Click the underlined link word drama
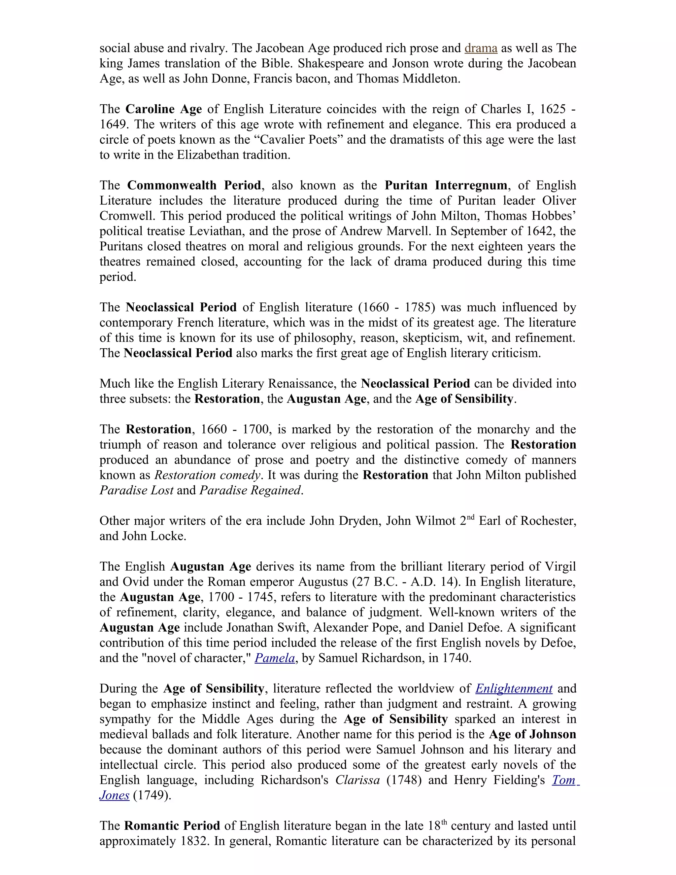(x=481, y=48)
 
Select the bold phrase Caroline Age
(x=163, y=109)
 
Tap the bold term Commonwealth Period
(x=194, y=185)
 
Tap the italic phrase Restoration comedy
(x=207, y=475)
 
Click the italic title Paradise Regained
(x=250, y=490)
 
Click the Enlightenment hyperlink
(x=514, y=688)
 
